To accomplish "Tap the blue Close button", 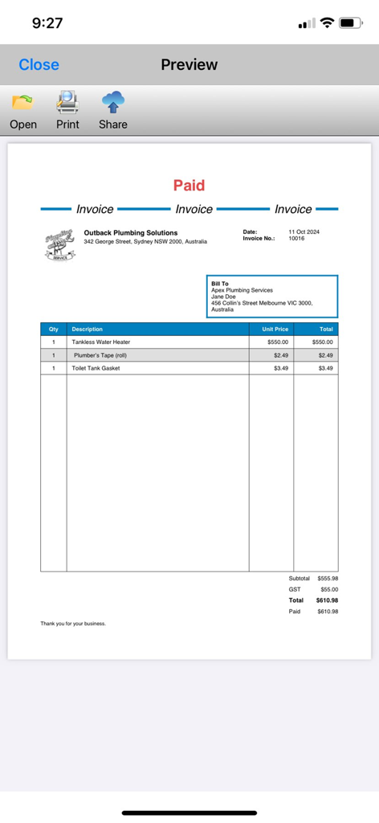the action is [39, 64].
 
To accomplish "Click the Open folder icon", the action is [22, 102].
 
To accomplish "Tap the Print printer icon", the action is [67, 102].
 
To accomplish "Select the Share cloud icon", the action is [112, 102].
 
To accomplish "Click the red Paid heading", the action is [189, 185].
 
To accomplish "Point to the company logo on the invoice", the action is [60, 244].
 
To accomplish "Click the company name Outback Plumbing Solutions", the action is [131, 233].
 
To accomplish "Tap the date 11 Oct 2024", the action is [304, 232].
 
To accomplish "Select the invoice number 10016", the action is [296, 239].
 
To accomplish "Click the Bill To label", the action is [220, 284].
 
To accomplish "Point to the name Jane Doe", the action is [223, 297].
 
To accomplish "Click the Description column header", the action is [87, 329].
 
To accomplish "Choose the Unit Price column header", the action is [275, 329].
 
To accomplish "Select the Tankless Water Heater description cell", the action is [100, 342].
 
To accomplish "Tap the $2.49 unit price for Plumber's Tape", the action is [280, 354].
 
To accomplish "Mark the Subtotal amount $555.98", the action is [328, 578].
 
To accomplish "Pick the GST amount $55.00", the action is [329, 589].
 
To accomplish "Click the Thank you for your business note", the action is [73, 623].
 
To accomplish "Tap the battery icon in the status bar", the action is [351, 23].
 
